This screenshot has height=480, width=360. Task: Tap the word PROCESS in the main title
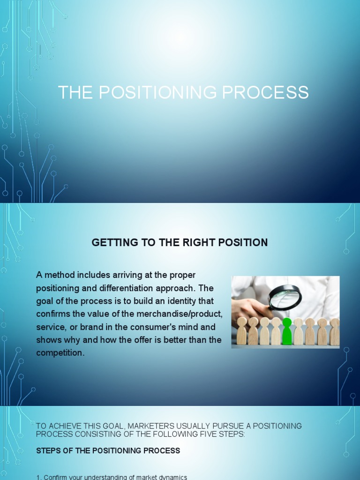(265, 92)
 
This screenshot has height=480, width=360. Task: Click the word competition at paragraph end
(60, 353)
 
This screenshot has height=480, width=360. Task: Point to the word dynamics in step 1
(171, 477)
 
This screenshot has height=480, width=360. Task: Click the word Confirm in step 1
(56, 477)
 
